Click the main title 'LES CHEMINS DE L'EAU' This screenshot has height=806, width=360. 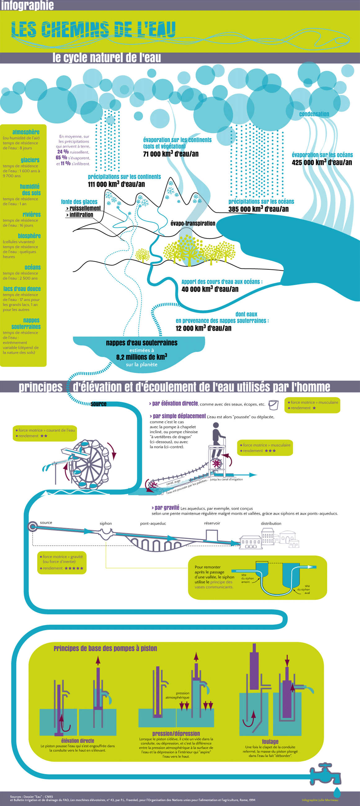(93, 30)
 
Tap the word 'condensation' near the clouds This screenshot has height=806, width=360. (314, 114)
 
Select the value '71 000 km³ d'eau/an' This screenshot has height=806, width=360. (171, 154)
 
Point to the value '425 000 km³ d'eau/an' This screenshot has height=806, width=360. (322, 162)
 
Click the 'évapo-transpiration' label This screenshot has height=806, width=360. (193, 224)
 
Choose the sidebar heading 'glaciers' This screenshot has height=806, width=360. (30, 160)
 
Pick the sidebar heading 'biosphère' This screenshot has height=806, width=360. (29, 236)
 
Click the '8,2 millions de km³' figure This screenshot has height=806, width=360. (141, 357)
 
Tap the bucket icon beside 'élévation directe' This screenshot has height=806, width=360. (273, 405)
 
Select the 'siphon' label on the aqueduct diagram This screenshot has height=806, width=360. (105, 524)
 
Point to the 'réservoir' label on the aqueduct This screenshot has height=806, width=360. (212, 523)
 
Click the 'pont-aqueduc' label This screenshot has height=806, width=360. (153, 524)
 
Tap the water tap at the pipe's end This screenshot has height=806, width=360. (326, 774)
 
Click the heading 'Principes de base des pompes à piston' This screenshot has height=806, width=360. (105, 649)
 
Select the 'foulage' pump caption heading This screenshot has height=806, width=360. (270, 742)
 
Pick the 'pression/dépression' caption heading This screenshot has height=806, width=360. (176, 733)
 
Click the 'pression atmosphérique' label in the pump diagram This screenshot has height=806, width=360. (178, 695)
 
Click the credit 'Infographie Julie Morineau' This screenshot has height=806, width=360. (320, 800)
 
